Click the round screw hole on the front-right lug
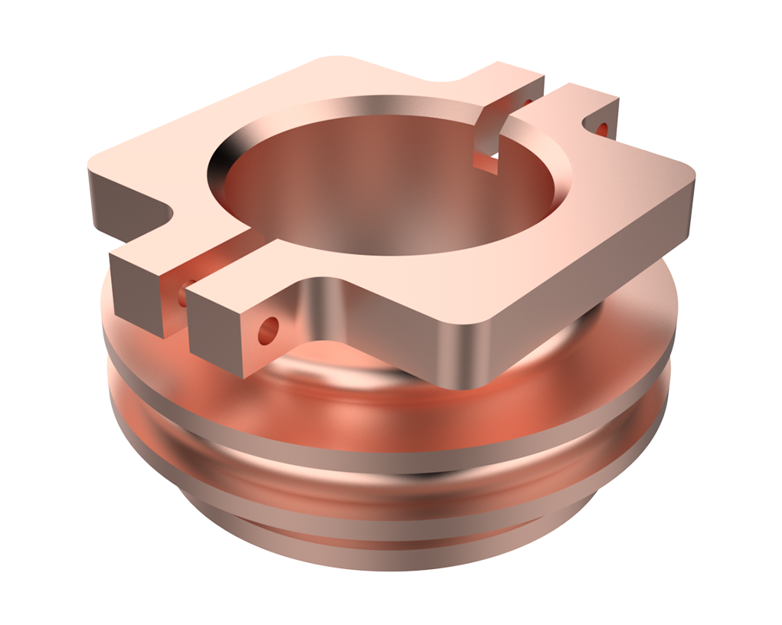268,330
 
